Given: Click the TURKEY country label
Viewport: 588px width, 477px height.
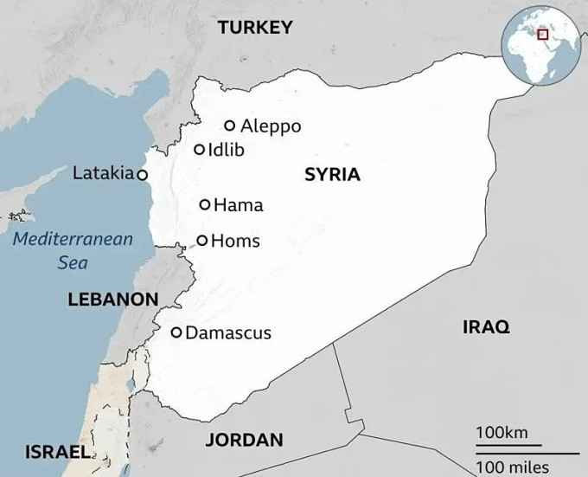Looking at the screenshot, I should (x=255, y=28).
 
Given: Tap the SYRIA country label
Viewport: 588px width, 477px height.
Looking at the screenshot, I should (x=332, y=175).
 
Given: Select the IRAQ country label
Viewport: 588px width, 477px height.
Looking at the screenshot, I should (x=486, y=326).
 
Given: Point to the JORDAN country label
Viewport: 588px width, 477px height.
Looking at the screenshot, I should (x=244, y=440).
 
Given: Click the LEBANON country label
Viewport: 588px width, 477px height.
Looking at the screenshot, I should (x=112, y=300).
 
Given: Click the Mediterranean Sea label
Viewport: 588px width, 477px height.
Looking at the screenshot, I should (x=73, y=250).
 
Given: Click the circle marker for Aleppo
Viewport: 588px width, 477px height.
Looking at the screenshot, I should (x=230, y=126).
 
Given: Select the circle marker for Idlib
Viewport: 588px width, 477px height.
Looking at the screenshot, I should (x=200, y=150).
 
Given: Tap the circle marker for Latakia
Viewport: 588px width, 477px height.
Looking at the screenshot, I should (x=143, y=174).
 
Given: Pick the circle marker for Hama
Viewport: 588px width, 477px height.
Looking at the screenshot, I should (x=205, y=205).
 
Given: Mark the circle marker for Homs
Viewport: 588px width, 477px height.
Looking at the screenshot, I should (x=202, y=241).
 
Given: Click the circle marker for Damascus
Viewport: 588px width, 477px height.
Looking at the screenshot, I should (x=176, y=332).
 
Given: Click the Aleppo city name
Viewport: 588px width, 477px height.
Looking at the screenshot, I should (x=271, y=126).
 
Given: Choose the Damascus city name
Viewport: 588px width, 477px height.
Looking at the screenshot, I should (x=228, y=332).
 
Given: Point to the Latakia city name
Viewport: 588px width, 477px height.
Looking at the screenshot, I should (x=103, y=173).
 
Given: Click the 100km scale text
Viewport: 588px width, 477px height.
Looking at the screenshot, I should (x=502, y=432).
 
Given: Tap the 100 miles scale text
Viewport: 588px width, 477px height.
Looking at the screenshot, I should (x=516, y=467).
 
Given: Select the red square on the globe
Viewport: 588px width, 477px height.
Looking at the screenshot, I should (x=543, y=35).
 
